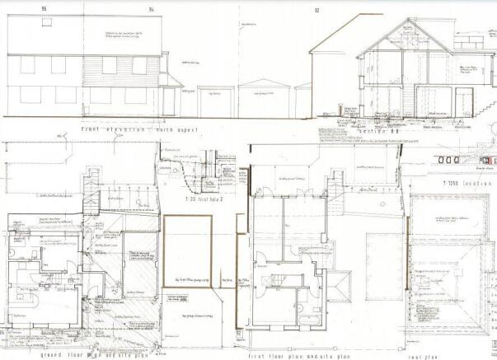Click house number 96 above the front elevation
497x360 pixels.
pos(44,9)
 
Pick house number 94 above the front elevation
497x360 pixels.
pos(151,9)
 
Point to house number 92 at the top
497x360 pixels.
pos(316,10)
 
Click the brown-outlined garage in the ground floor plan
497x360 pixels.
pos(187,251)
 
